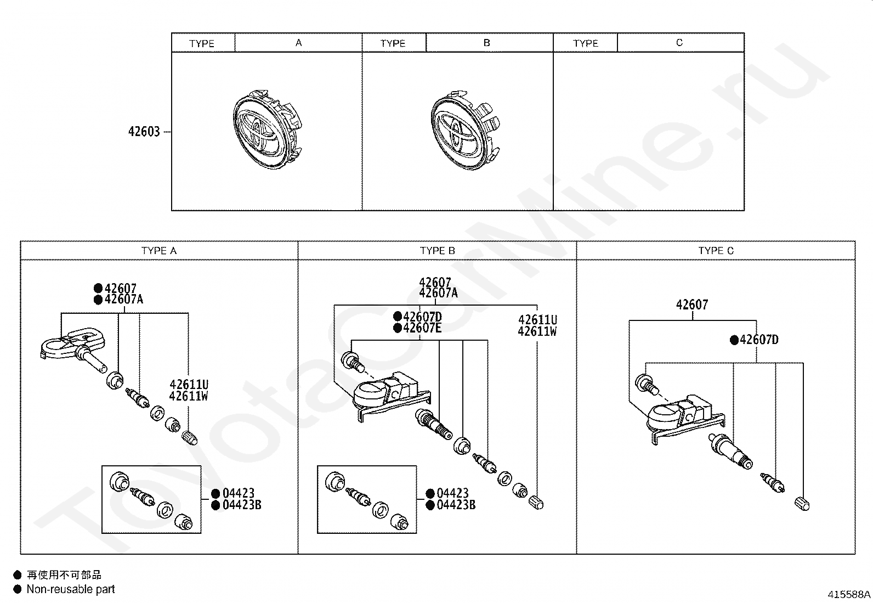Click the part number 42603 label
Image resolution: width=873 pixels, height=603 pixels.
point(144,132)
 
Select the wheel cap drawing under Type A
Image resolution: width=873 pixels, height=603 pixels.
point(268,129)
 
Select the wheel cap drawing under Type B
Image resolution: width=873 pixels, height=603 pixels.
point(466,130)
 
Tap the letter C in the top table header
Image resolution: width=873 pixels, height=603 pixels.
point(679,42)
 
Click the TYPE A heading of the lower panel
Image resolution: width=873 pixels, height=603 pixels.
point(159,251)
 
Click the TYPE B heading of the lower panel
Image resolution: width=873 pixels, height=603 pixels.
point(437,251)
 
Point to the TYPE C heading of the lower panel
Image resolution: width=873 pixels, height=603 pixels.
point(716,251)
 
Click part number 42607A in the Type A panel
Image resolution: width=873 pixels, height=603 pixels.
point(123,300)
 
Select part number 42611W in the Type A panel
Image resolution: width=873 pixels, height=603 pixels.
point(188,396)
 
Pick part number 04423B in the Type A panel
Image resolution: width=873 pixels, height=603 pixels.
point(242,505)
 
